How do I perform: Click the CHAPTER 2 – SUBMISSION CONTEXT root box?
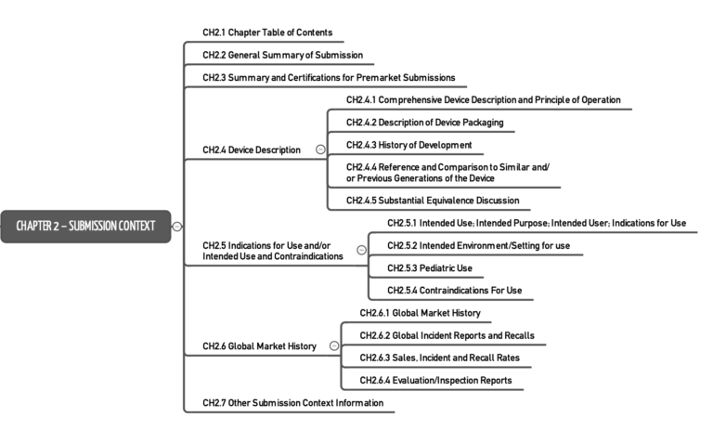85,226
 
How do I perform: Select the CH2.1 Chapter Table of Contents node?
267,33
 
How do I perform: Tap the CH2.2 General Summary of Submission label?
282,56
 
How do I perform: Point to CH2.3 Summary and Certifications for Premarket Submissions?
329,78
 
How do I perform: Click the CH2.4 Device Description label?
252,150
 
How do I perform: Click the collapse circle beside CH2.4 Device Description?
320,150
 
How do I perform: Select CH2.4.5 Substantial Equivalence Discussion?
433,200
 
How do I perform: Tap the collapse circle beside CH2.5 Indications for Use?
361,250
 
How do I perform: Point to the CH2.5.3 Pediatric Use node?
429,267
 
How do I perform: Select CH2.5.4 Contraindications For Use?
454,291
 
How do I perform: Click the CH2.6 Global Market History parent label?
259,346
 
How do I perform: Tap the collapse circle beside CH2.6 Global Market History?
334,346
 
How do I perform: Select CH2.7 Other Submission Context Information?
292,403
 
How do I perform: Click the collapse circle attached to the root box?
177,226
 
